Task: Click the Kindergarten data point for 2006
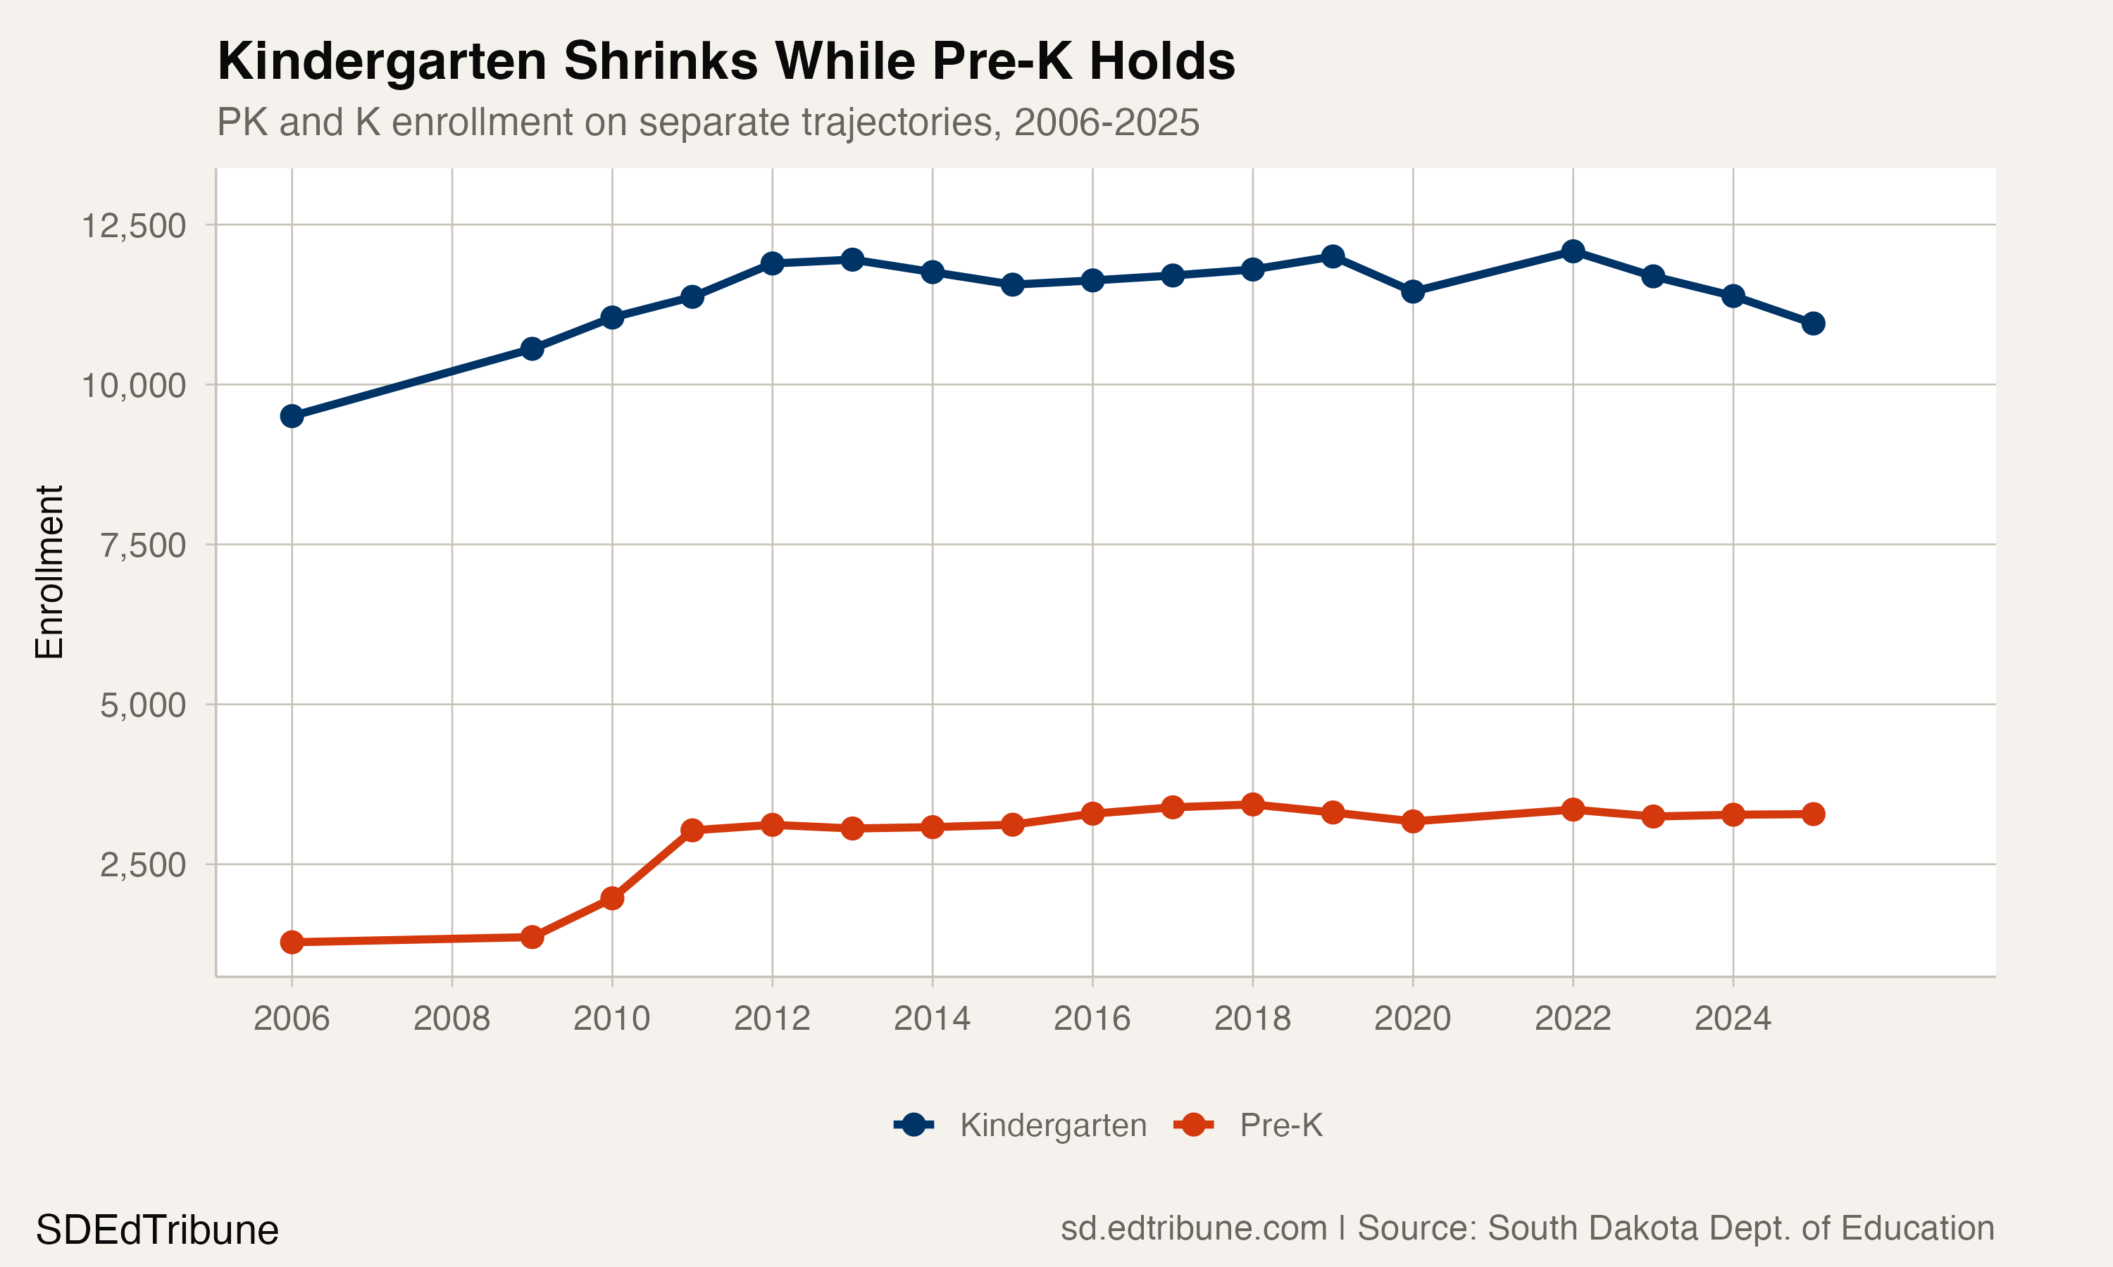pos(292,416)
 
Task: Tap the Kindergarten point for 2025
pos(1813,322)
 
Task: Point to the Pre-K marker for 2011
pos(692,830)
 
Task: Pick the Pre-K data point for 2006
pos(292,942)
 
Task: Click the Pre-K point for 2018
pos(1253,805)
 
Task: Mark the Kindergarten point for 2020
pos(1413,292)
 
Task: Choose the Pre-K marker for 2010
pos(611,898)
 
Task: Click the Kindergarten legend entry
pos(1021,1126)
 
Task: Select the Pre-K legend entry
pos(1249,1126)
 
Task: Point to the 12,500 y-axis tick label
pos(133,226)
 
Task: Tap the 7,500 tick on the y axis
pos(143,546)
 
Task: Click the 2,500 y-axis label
pos(143,865)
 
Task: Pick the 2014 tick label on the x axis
pos(932,1019)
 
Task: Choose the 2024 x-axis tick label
pos(1733,1019)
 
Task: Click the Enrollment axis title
pos(49,572)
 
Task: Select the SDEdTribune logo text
pos(157,1230)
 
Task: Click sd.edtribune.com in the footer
pos(1193,1228)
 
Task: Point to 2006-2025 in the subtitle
pos(1106,122)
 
